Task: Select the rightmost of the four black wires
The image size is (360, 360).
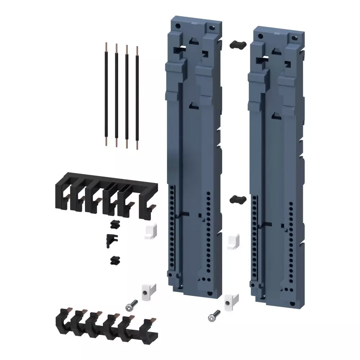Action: (137, 97)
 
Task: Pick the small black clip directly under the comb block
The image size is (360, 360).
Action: (114, 225)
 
